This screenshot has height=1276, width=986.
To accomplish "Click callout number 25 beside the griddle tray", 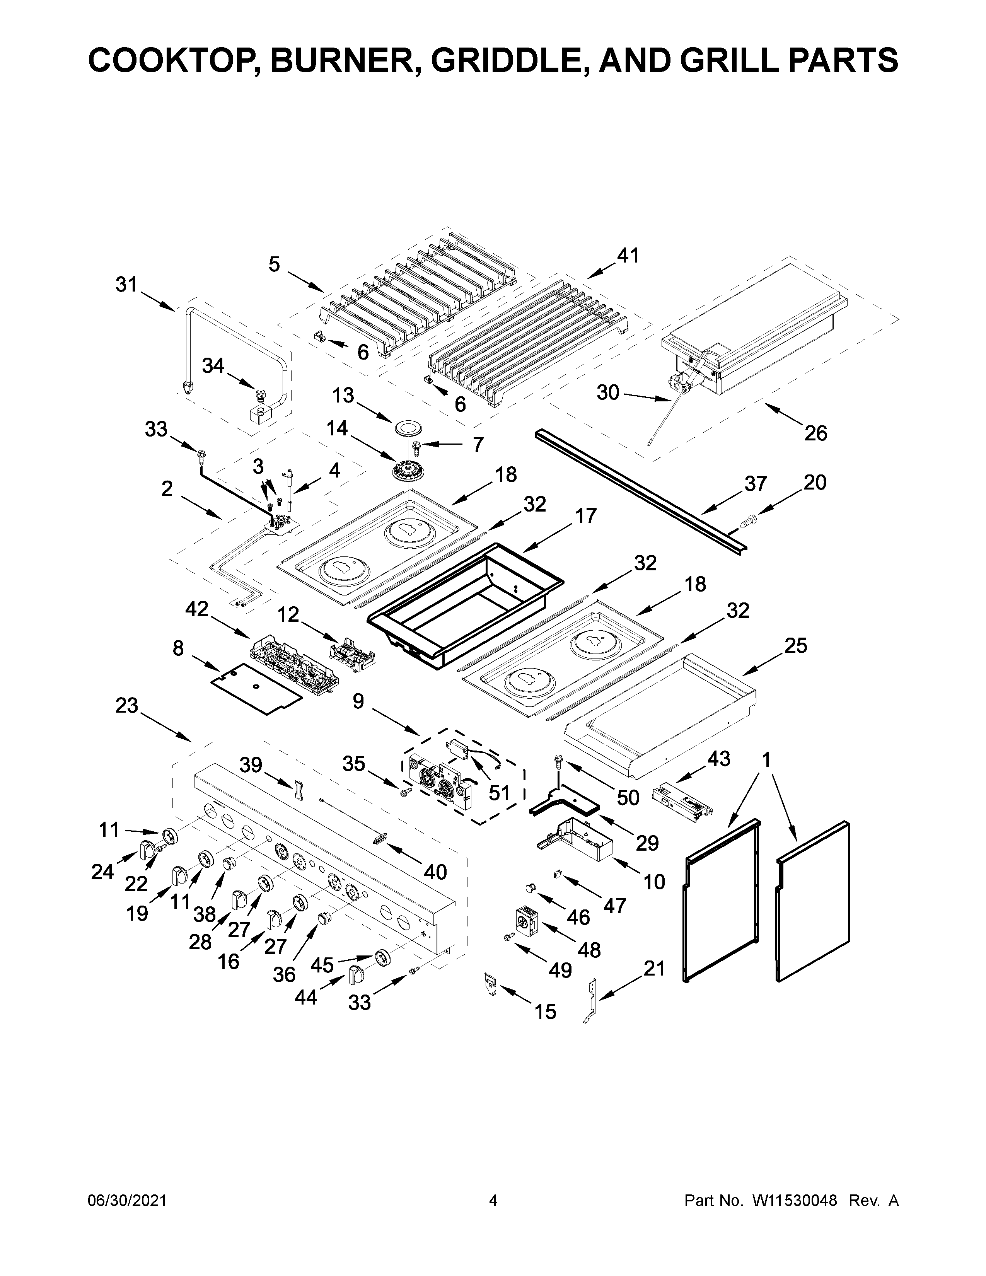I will click(x=796, y=646).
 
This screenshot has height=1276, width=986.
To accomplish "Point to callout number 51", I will click(x=499, y=793).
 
